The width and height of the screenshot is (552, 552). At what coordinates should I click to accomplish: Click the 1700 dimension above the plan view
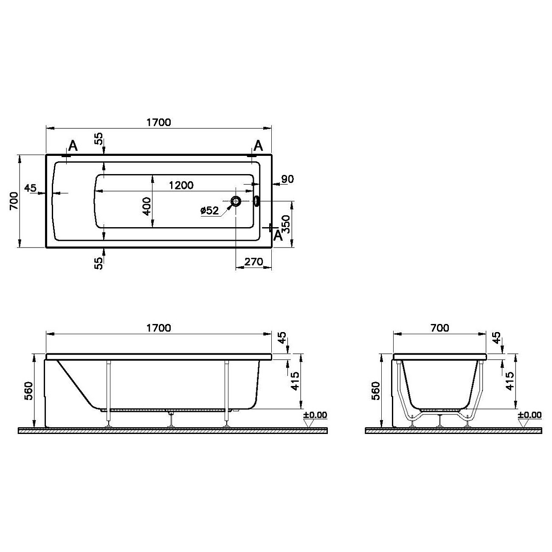[158, 122]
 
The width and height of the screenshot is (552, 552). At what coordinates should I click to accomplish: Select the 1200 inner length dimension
[181, 185]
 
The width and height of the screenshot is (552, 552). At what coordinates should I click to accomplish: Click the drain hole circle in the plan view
[236, 201]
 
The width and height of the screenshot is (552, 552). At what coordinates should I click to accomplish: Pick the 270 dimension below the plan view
[254, 262]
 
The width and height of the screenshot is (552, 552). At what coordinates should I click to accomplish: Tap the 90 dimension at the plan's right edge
[287, 179]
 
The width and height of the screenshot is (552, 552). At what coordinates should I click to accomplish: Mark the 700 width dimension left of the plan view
[13, 201]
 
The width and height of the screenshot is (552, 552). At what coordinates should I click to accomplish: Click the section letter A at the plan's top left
[73, 146]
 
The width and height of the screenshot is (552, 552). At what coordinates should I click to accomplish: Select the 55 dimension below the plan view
[99, 263]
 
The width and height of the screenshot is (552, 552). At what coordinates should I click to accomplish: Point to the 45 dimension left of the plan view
[30, 188]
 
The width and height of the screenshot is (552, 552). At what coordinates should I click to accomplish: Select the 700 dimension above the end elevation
[439, 328]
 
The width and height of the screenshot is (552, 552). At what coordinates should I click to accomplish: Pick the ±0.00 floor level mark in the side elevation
[315, 415]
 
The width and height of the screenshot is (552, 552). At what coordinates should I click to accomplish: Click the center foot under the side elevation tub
[171, 420]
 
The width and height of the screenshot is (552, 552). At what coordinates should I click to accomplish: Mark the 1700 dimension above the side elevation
[158, 328]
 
